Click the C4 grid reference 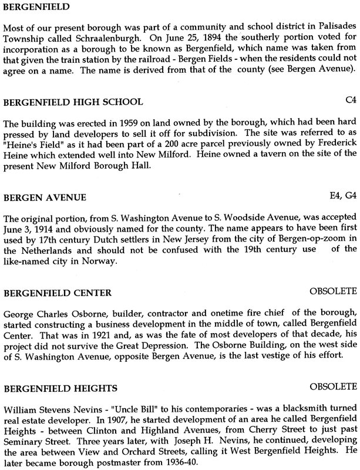350,101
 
